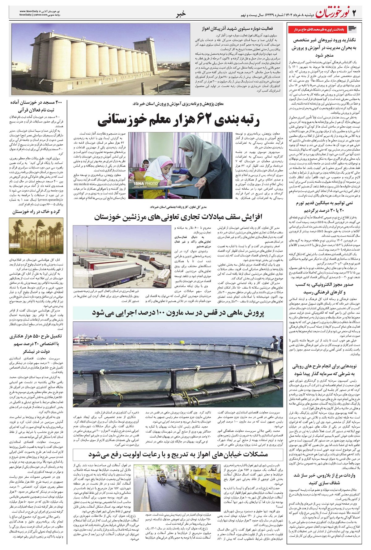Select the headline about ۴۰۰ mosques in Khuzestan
pyautogui.click(x=36, y=106)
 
